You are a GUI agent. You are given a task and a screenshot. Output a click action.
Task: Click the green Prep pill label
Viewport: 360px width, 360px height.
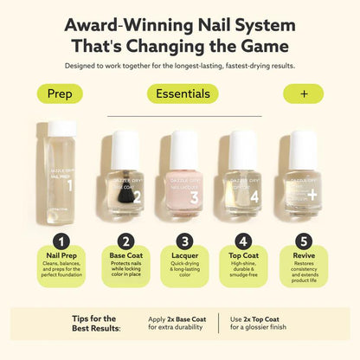tap(60, 93)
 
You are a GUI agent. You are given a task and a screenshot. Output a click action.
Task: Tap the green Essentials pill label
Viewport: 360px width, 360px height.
tap(182, 93)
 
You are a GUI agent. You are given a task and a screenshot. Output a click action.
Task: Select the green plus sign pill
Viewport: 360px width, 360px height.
tap(303, 93)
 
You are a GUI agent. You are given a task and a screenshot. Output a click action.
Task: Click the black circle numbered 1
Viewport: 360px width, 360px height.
tap(60, 241)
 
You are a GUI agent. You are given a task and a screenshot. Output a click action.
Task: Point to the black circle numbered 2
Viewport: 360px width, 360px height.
tap(126, 241)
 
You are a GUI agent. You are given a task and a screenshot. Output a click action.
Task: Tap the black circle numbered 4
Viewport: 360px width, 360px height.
tap(244, 241)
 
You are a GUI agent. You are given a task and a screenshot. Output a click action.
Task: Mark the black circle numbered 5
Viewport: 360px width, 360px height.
tap(303, 241)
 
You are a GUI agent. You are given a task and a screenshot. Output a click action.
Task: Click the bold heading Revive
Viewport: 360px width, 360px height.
tap(303, 257)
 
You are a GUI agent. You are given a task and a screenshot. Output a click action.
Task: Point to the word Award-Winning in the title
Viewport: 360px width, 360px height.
tap(119, 24)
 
